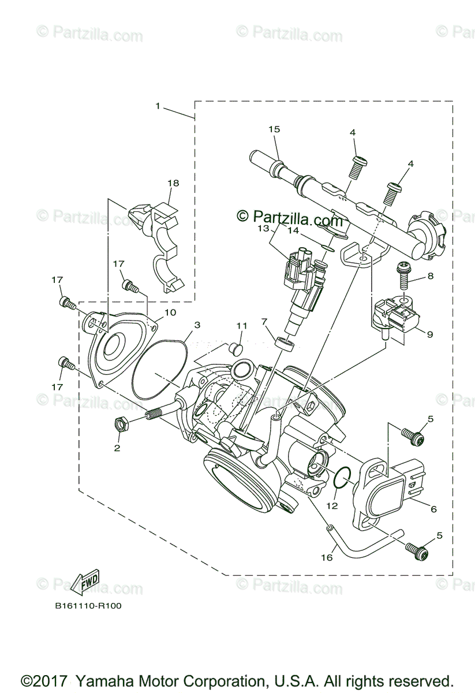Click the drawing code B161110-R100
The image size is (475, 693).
(x=88, y=606)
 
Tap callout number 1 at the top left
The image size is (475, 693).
(x=157, y=106)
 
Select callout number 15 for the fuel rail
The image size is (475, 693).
(x=274, y=129)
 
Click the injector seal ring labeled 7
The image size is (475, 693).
(x=287, y=344)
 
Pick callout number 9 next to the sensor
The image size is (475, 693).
(x=429, y=333)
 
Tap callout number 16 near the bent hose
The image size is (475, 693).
(x=327, y=558)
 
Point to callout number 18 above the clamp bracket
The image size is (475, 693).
(x=174, y=183)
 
